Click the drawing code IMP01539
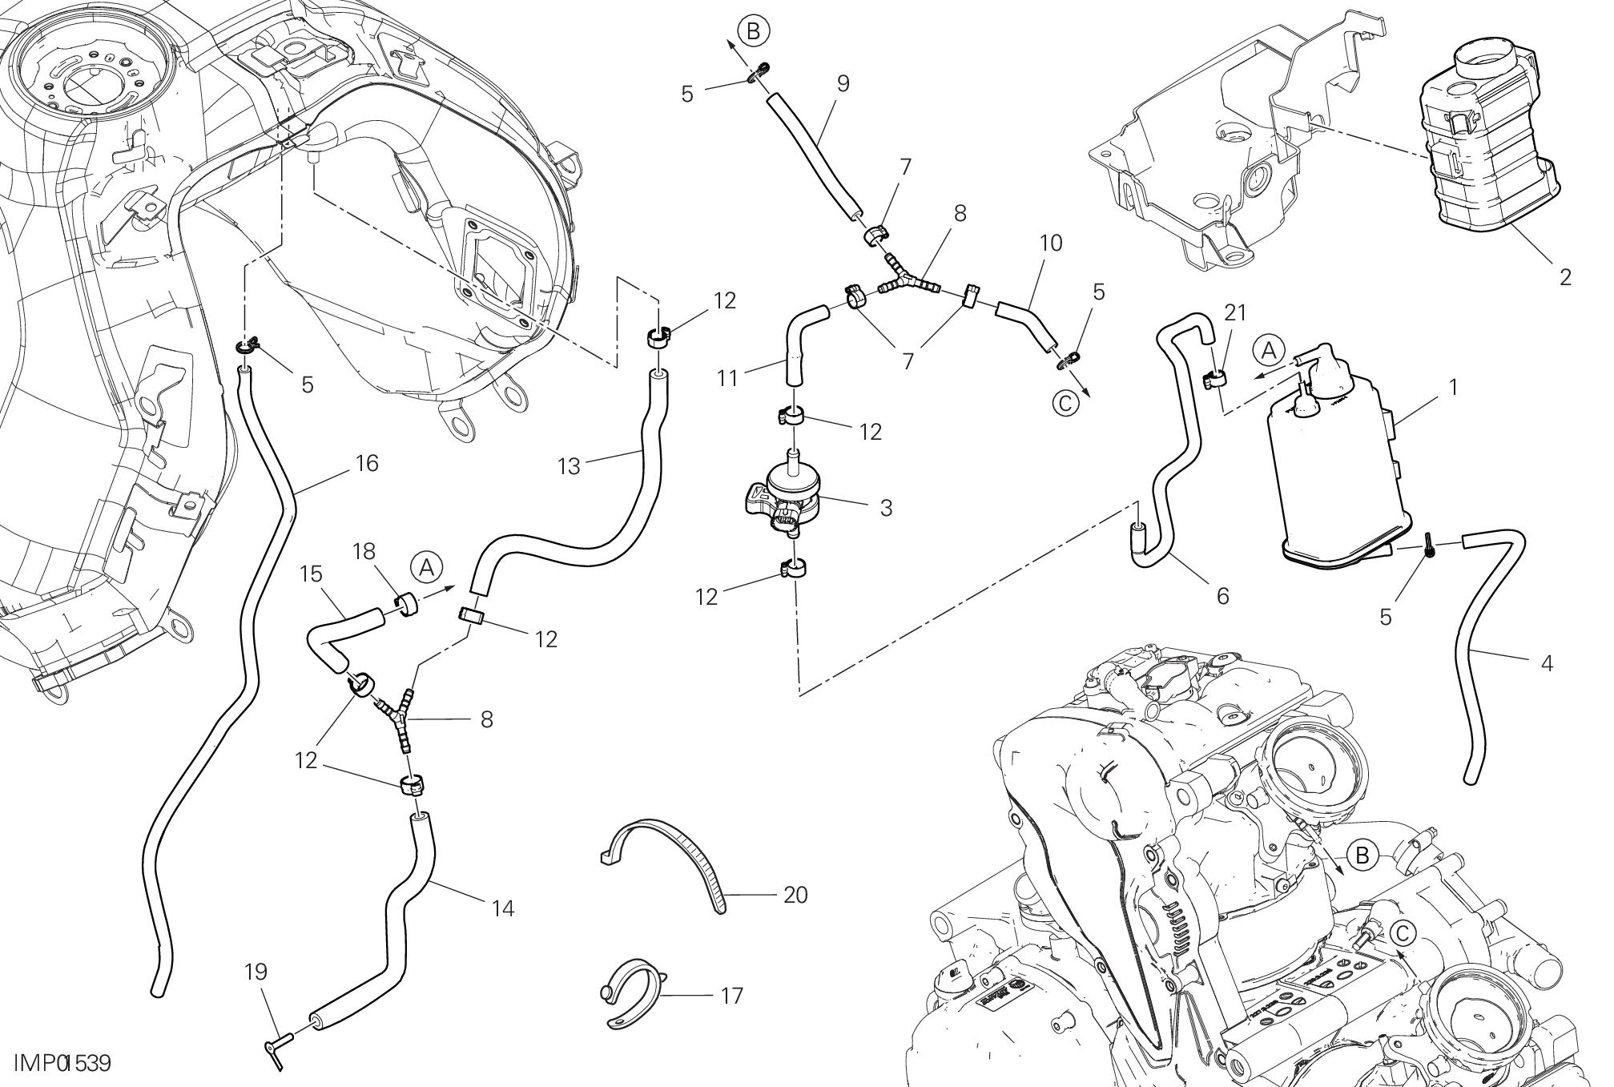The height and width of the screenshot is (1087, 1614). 61,1064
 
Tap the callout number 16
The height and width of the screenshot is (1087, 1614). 366,463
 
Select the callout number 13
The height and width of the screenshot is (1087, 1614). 569,466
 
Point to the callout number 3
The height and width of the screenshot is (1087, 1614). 885,508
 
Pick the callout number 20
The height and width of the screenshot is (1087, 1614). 795,894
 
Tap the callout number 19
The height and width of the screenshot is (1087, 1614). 256,972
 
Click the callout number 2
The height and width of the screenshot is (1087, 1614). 1565,277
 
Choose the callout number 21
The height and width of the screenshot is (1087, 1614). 1235,312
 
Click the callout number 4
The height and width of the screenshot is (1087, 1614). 1547,663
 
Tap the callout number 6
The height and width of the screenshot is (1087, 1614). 1222,596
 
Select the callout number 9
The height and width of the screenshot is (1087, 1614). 842,83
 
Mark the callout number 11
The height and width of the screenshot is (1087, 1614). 727,377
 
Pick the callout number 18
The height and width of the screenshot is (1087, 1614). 363,551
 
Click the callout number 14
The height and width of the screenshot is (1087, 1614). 503,908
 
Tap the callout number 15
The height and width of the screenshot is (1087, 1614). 311,574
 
